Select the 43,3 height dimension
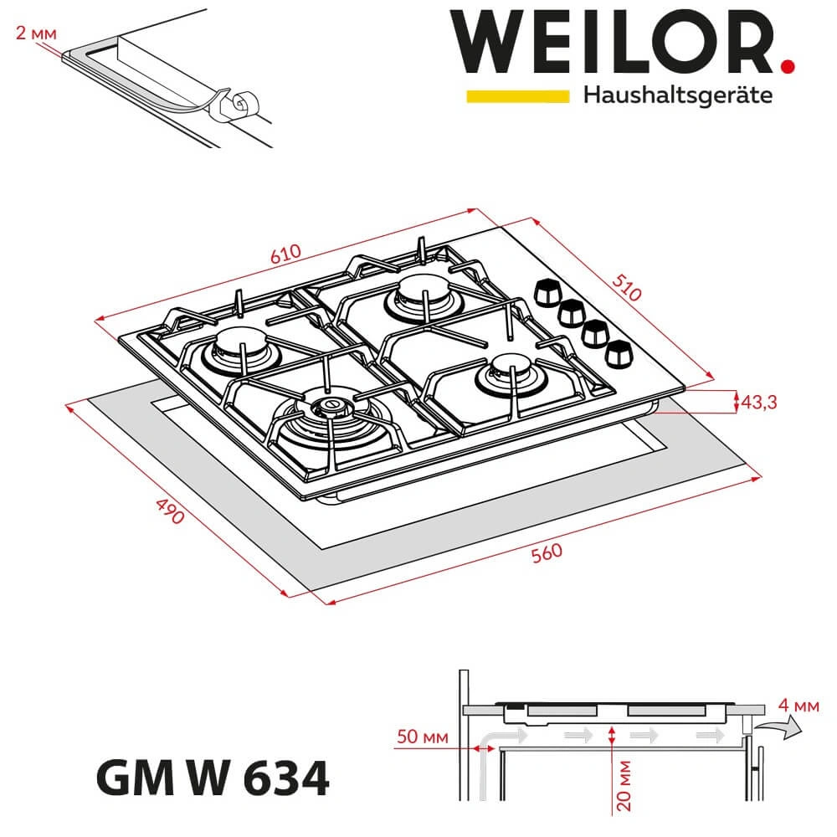pos(760,403)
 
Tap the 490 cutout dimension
pos(170,511)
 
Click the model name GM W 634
pos(213,780)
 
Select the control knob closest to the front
pos(620,354)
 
